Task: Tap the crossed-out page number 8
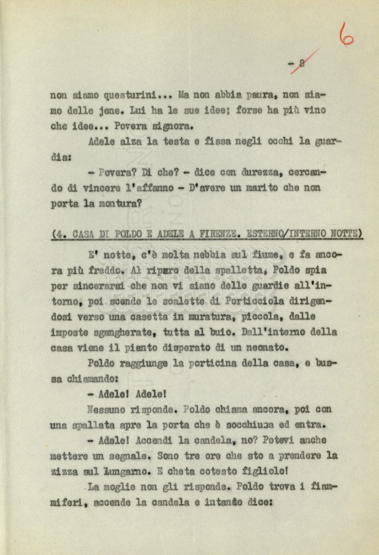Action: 301,62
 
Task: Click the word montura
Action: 120,203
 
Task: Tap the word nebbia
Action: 213,254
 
